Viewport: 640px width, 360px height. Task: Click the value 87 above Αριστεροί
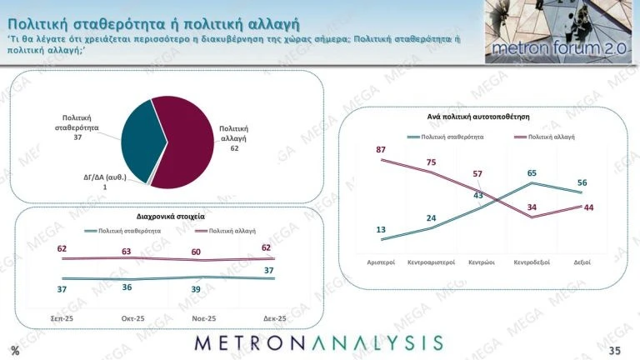[x=381, y=150]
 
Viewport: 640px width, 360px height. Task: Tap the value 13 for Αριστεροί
[x=381, y=229]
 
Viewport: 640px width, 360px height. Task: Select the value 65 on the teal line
[x=532, y=173]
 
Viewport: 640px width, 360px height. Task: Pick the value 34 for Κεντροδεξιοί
[x=532, y=207]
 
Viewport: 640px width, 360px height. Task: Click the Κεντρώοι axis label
[x=482, y=262]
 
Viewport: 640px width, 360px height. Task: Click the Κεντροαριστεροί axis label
[x=431, y=262]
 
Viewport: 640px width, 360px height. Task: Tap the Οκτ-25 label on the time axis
[x=133, y=318]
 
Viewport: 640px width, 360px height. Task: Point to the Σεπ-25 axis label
[x=62, y=318]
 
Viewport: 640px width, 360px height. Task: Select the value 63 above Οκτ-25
[x=127, y=251]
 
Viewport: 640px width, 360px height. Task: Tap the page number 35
[x=615, y=350]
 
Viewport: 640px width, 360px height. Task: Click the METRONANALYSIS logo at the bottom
[x=319, y=343]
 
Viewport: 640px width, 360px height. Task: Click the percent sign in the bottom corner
[x=15, y=350]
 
